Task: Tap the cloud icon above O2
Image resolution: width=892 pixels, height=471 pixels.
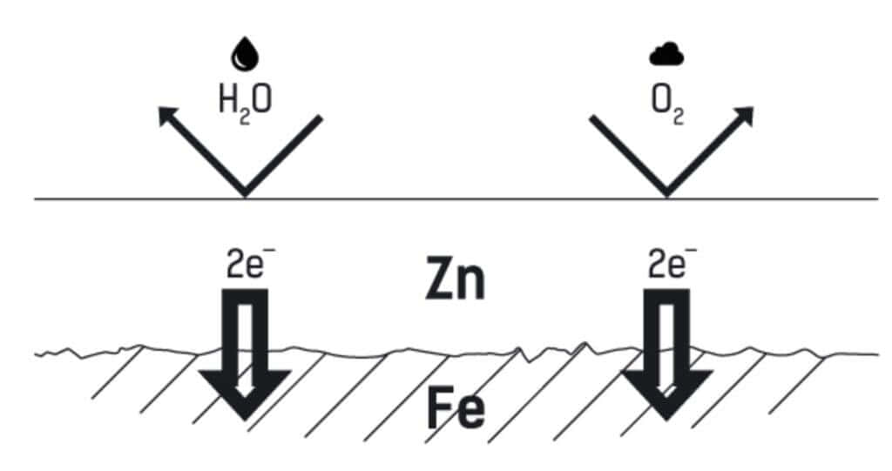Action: [x=666, y=56]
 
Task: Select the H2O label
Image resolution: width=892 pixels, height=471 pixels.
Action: [x=244, y=101]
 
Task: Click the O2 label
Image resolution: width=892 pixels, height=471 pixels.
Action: [x=666, y=102]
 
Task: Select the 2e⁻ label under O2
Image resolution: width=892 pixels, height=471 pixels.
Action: [x=667, y=265]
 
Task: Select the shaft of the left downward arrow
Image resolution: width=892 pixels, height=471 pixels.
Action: [x=245, y=326]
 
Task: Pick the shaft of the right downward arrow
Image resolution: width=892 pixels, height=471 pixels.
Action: [x=666, y=326]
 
